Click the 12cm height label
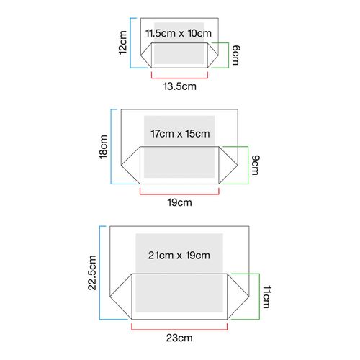tap(122, 42)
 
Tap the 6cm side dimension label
tap(235, 55)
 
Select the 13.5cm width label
tap(180, 86)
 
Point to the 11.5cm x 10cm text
tap(179, 33)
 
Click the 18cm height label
tap(103, 147)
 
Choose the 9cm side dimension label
tap(256, 165)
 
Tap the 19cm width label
tap(179, 202)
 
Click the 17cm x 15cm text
tap(180, 134)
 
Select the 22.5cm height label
tap(92, 273)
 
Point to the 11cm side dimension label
tap(266, 297)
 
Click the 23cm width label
tap(179, 338)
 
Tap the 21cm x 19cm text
tap(179, 256)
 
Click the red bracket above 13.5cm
tap(179, 78)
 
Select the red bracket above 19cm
tap(179, 194)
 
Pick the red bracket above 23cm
tap(179, 330)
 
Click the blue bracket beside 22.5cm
tap(100, 273)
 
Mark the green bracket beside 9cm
tap(248, 165)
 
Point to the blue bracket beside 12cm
tap(130, 42)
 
